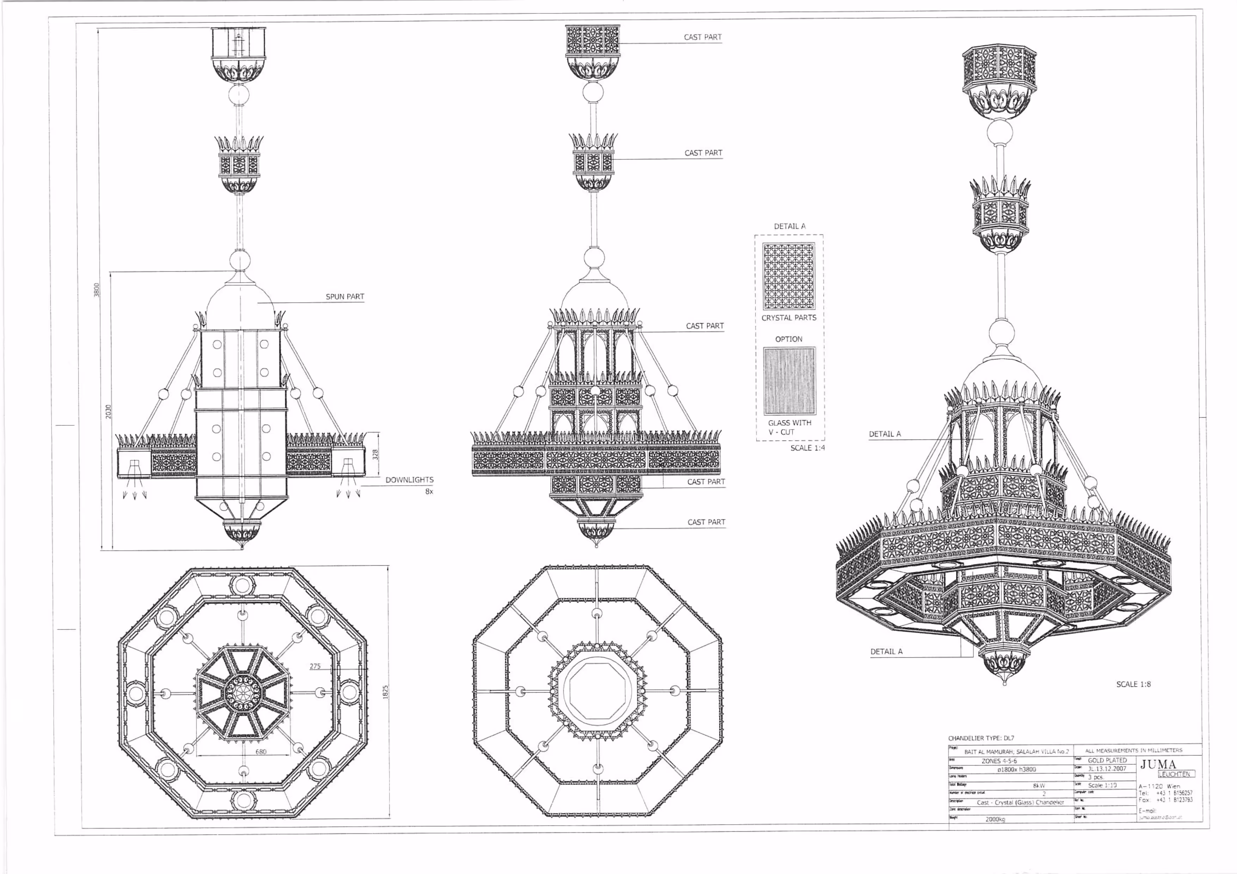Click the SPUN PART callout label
pos(345,297)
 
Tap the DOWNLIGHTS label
pos(410,480)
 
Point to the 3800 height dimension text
pos(97,290)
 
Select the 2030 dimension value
pos(108,412)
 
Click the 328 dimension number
pos(375,455)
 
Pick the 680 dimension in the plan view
pos(261,752)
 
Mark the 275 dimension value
pos(315,666)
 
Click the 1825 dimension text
pos(385,692)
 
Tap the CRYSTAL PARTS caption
pos(789,318)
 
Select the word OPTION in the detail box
pos(789,339)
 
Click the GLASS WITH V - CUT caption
pos(789,427)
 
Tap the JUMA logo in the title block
pos(1158,764)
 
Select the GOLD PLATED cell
pos(1107,761)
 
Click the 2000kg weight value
pos(995,819)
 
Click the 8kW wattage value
pos(1039,786)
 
